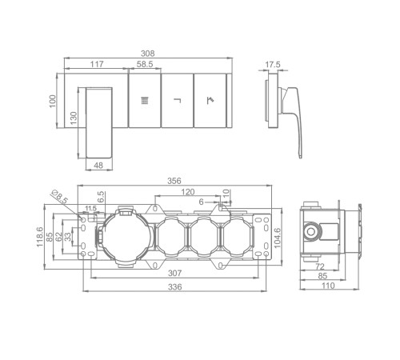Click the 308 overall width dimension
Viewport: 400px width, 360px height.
click(147, 54)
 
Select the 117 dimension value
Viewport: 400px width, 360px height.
click(97, 64)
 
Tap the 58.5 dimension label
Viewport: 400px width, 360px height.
click(145, 64)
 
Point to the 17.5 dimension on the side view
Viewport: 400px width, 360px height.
click(273, 65)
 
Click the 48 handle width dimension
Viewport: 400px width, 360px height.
click(98, 166)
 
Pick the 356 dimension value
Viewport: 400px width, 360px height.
click(174, 181)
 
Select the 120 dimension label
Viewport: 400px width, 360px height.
click(188, 192)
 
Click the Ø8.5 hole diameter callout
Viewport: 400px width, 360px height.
click(60, 197)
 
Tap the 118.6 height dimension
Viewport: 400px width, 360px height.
click(40, 237)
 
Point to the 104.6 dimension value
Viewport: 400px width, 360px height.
click(278, 238)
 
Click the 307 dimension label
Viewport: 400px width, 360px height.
click(175, 273)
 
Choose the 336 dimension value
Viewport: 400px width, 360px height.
click(175, 287)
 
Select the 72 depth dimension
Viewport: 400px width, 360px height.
click(320, 266)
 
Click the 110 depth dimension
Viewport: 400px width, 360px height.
click(328, 286)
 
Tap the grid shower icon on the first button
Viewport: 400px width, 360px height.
click(145, 101)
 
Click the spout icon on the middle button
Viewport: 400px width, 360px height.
click(178, 100)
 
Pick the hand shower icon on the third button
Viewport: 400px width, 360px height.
click(210, 100)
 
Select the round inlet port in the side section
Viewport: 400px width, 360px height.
click(310, 231)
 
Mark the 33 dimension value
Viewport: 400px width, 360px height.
click(69, 237)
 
